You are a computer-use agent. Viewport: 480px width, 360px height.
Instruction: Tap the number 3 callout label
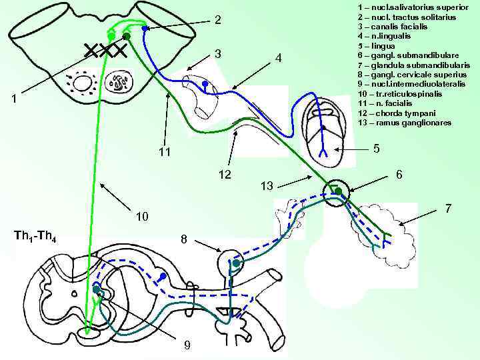[x=217, y=53]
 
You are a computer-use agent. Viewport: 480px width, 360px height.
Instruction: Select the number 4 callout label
[x=279, y=59]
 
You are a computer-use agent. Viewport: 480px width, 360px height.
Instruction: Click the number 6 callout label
[x=398, y=173]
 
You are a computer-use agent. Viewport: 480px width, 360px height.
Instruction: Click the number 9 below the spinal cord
[x=187, y=345]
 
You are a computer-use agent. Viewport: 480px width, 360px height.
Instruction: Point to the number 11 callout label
[x=165, y=153]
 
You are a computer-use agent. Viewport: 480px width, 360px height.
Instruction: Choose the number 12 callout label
[x=225, y=175]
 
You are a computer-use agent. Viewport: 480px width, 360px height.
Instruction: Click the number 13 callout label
[x=267, y=186]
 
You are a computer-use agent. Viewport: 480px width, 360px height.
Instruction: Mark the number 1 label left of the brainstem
[x=14, y=98]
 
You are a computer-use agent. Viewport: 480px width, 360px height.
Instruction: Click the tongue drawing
[x=322, y=130]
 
